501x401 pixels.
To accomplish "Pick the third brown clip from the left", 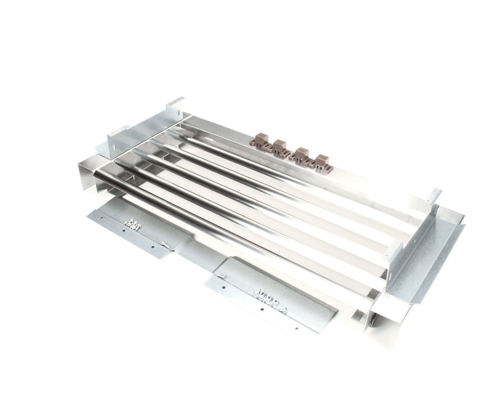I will click(300, 156).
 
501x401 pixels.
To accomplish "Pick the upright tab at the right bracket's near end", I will click(393, 250).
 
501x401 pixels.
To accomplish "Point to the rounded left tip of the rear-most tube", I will click(172, 132).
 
